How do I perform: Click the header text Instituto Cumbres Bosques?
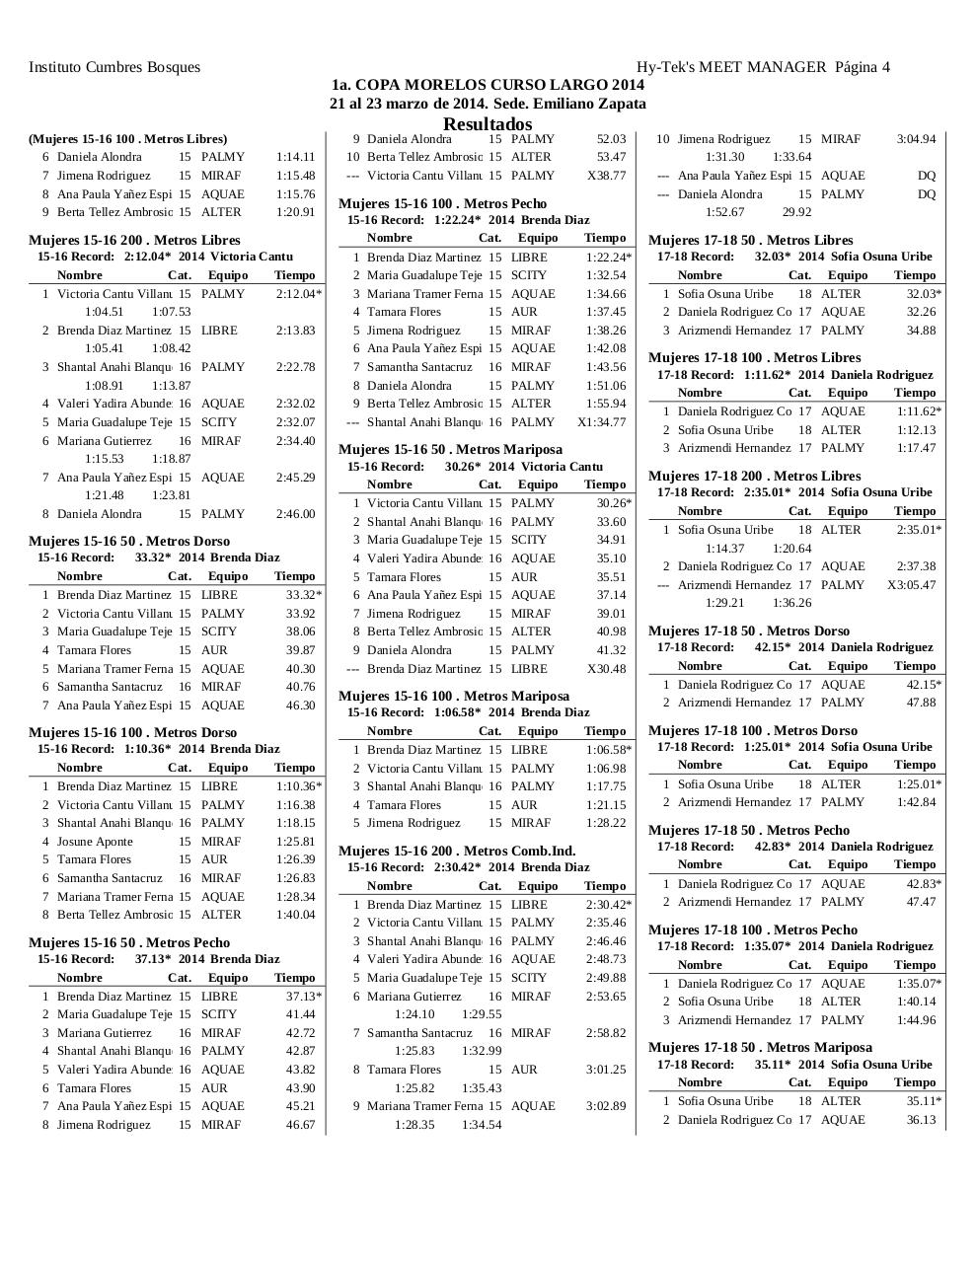[114, 67]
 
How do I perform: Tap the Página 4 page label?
[862, 67]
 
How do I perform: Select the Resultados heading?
[488, 124]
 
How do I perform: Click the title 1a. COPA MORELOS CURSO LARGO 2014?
[488, 86]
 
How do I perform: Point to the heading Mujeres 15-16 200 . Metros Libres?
[134, 240]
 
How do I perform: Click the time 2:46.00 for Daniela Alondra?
[295, 514]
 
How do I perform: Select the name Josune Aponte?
[95, 842]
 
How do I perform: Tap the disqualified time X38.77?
[606, 176]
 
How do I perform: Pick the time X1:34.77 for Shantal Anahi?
[601, 422]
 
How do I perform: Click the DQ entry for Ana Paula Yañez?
[925, 176]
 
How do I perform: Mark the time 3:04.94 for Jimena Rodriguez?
[915, 139]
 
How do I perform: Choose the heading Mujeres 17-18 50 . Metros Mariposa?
[760, 1047]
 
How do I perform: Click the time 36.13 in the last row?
[920, 1120]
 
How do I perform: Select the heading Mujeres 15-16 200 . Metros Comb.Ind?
[457, 851]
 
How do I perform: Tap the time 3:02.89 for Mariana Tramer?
[605, 1106]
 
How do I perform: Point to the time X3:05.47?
[911, 585]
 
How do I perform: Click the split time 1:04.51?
[104, 312]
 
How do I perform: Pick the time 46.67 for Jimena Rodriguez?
[300, 1125]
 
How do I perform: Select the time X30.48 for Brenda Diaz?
[606, 669]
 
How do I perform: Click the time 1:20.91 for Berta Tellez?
[295, 212]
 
